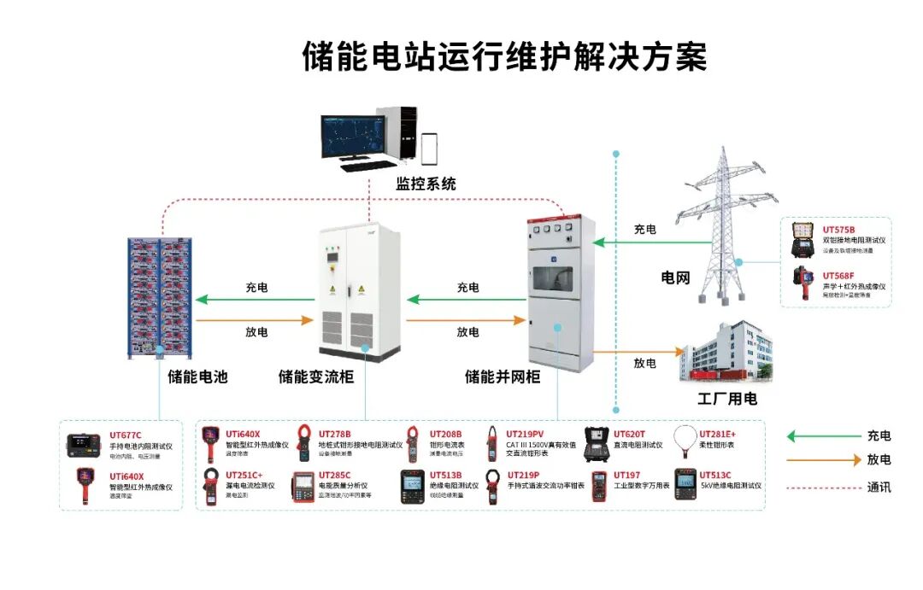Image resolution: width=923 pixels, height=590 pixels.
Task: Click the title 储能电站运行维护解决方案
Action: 504,57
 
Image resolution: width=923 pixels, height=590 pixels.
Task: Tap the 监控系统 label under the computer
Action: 426,184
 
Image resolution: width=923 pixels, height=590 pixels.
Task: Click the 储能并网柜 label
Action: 502,376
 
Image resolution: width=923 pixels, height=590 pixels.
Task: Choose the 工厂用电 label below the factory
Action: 727,399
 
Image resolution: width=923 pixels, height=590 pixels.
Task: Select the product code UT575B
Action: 838,230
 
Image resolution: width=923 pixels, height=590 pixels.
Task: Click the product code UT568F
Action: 838,276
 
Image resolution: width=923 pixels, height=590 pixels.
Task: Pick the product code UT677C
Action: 126,435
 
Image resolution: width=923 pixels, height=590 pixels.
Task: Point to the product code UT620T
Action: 630,434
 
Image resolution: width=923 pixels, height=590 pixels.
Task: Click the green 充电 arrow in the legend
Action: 823,436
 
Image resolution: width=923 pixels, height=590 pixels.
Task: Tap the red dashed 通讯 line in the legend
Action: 823,487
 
